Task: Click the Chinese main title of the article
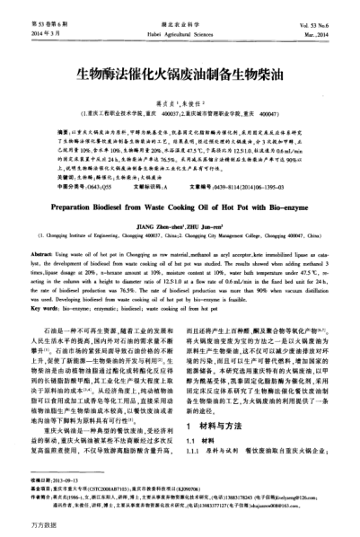click(x=180, y=67)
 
